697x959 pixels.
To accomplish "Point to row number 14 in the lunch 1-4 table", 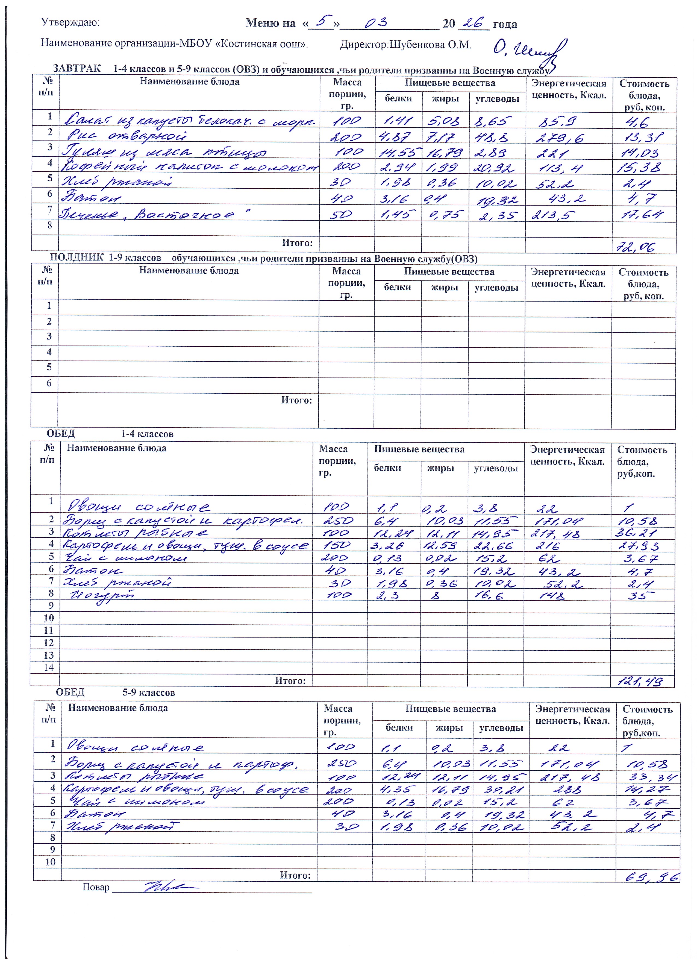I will point(49,667).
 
